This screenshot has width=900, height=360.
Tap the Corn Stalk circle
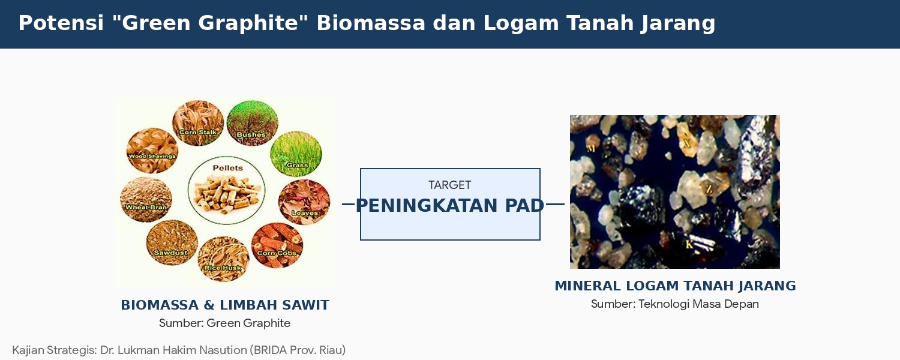[x=198, y=123]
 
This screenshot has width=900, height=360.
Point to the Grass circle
[x=296, y=154]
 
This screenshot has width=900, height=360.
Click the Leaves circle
[x=304, y=202]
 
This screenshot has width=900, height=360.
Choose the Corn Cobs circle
[x=277, y=245]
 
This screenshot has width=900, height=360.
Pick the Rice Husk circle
[x=223, y=259]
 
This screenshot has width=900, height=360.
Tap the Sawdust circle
[x=172, y=242]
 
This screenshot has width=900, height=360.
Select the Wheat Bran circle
[x=146, y=199]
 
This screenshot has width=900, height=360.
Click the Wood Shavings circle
[x=152, y=150]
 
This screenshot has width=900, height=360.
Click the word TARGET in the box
[x=449, y=185]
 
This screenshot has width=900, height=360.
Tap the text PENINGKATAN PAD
[x=449, y=206]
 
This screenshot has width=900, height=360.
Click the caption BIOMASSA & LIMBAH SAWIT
[x=225, y=305]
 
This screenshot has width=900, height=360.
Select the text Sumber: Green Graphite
[x=224, y=323]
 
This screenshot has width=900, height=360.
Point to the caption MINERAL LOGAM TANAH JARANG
[x=675, y=286]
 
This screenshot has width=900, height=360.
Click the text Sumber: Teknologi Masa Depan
[x=675, y=304]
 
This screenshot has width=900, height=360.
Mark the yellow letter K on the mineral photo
[x=689, y=245]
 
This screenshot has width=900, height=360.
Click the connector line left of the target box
[x=349, y=205]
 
